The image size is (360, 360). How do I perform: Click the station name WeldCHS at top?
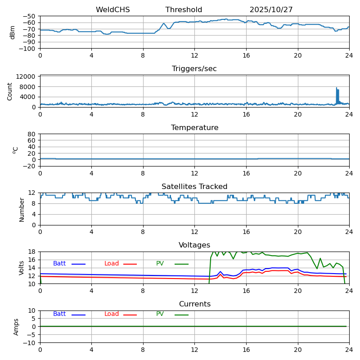(x=112, y=10)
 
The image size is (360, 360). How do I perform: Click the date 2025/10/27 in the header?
(x=271, y=10)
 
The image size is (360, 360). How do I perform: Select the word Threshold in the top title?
(x=184, y=10)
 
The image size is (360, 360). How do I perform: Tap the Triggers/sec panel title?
(x=194, y=69)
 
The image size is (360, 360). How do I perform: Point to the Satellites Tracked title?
(x=194, y=187)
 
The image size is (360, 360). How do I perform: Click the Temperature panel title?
(x=194, y=128)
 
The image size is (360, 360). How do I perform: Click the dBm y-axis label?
(x=13, y=32)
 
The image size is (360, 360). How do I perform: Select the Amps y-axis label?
(x=16, y=327)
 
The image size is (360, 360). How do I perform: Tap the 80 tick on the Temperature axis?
(x=31, y=134)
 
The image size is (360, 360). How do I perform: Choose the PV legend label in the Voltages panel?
(x=160, y=264)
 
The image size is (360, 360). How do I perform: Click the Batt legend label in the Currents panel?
(x=59, y=314)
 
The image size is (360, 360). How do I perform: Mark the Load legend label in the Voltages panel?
(x=112, y=264)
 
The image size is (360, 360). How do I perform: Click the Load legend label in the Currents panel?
(x=112, y=314)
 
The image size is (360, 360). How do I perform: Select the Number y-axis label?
(x=22, y=209)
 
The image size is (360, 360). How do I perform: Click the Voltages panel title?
(x=194, y=245)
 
